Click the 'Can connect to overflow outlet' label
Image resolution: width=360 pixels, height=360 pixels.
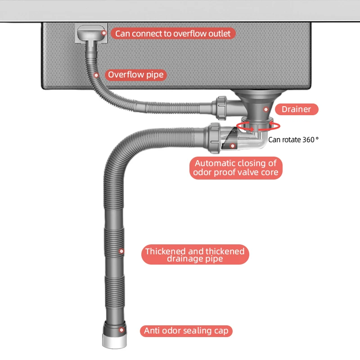tap(173, 34)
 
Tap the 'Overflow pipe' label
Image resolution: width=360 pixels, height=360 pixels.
tap(136, 74)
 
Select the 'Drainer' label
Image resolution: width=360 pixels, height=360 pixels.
tap(296, 109)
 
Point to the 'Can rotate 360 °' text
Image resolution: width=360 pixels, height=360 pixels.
tap(293, 139)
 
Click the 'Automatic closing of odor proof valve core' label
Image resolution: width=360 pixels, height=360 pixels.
tap(235, 167)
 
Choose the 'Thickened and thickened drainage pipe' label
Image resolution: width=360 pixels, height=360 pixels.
tap(195, 255)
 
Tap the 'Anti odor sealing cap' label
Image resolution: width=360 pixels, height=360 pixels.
tap(186, 331)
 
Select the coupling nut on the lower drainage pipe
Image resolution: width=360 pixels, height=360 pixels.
tap(215, 138)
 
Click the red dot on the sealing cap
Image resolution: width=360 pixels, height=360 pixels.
tap(121, 330)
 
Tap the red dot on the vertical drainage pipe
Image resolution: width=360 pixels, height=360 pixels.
tap(121, 251)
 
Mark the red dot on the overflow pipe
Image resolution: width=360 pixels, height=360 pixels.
tap(96, 75)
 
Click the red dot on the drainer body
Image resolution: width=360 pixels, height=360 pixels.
tap(266, 109)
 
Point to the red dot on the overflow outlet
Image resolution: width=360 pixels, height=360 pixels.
tap(104, 33)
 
